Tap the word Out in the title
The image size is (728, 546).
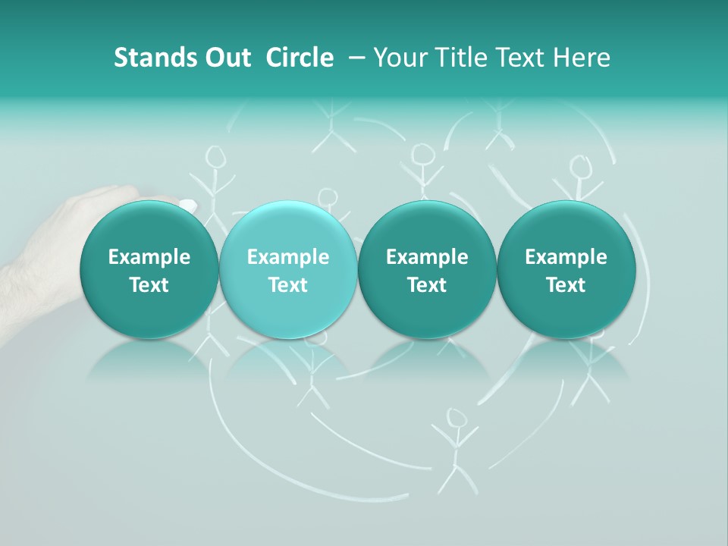click(226, 58)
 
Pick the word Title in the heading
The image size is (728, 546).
click(463, 58)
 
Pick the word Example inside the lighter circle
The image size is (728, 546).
click(287, 257)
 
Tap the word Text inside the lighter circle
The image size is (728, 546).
click(287, 285)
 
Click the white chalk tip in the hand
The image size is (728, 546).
click(187, 204)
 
